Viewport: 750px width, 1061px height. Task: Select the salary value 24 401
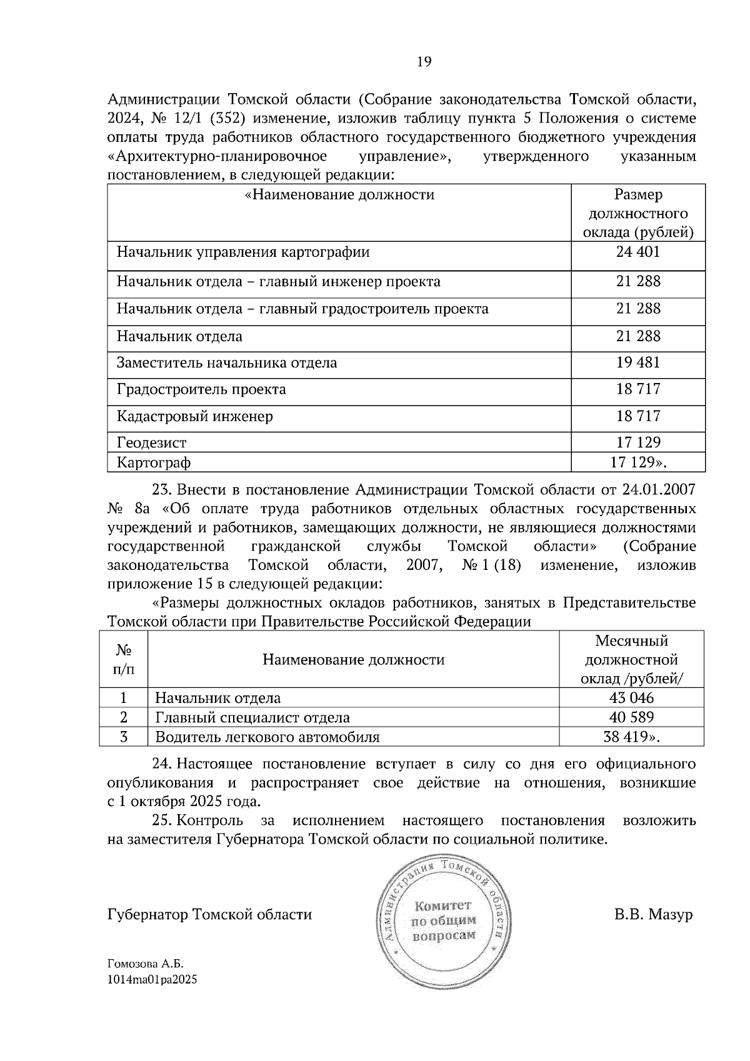(637, 252)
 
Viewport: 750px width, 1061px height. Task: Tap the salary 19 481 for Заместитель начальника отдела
(637, 363)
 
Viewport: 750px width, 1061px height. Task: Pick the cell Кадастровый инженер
(195, 416)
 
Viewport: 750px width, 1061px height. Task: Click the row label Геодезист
(152, 443)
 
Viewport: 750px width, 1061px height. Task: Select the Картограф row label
(154, 463)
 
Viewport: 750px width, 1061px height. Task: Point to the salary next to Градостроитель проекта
(637, 389)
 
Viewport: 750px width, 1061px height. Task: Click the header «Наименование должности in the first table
(339, 195)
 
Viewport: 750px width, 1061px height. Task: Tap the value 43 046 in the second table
(631, 698)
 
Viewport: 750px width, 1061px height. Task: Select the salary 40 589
(631, 717)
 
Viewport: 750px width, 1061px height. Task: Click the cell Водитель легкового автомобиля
(267, 737)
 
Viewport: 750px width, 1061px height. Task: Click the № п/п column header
(124, 660)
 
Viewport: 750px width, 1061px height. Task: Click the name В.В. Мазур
(653, 915)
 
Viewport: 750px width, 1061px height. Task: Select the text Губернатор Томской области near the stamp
(210, 915)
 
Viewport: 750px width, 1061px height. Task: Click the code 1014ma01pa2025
(152, 980)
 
